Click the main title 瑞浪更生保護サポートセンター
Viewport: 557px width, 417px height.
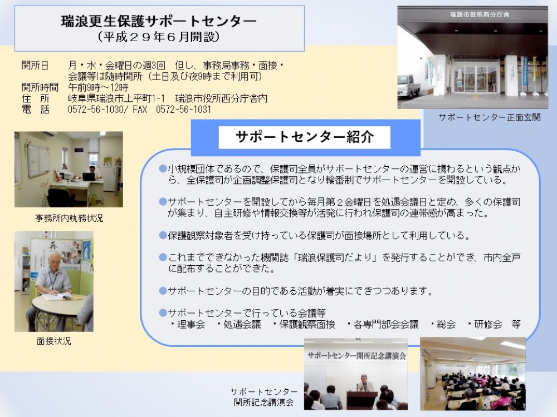[159, 21]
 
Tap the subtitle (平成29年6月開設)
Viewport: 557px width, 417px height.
[159, 37]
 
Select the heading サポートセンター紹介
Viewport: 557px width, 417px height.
[305, 137]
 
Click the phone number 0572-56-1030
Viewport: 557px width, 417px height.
[96, 109]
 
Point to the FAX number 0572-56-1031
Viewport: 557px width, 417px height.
[183, 109]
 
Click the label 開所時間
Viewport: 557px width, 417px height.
[40, 87]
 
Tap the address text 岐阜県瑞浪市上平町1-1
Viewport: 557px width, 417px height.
[116, 98]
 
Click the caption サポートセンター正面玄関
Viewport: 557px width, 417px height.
[490, 117]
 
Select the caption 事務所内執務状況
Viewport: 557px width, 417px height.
[69, 218]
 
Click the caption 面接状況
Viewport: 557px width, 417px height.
[54, 341]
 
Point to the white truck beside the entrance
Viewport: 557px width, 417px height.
[409, 86]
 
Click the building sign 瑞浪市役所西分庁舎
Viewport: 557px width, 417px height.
[480, 15]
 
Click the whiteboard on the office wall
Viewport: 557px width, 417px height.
[38, 160]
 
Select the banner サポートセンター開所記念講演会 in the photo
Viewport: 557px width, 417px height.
[356, 356]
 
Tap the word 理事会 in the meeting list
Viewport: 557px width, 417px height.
[191, 324]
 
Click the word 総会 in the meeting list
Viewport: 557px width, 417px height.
[446, 324]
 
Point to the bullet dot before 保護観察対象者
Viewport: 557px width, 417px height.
[163, 235]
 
